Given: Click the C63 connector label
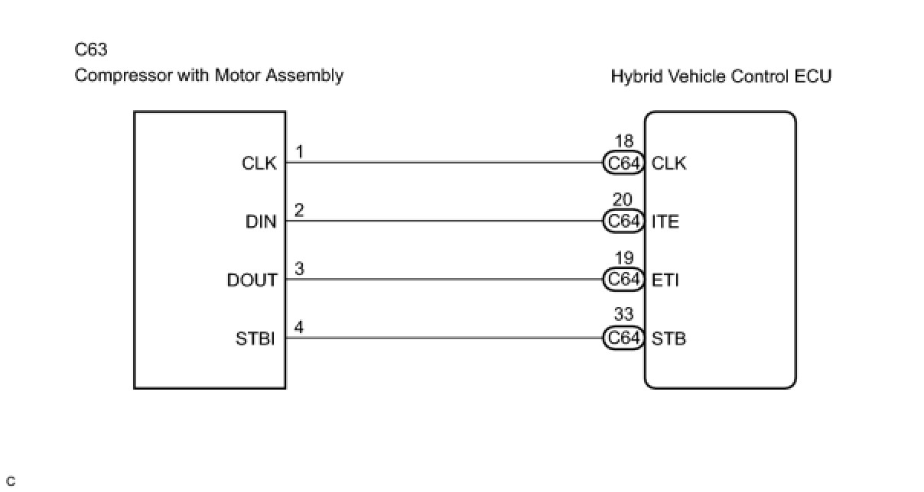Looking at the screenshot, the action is coord(91,50).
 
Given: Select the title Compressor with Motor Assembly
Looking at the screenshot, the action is coord(209,76).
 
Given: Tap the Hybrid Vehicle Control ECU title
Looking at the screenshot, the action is coord(721,76).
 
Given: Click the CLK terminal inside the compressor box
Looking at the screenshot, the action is coord(259,163).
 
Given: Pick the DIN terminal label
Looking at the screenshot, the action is coord(261,222).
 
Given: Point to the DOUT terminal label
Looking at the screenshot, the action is coord(252,280).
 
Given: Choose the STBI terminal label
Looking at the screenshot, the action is coord(255,339).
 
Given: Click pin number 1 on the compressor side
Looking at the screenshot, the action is coord(300,152).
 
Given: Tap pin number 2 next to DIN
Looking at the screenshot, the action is coord(299,211).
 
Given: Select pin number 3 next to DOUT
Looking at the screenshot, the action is coord(300,269).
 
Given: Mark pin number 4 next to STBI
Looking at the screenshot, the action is coord(299,328).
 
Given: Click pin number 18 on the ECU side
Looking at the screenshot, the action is coord(623,141).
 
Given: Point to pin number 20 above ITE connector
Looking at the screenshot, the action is coord(623,200).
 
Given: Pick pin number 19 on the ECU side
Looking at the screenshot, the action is coord(623,258).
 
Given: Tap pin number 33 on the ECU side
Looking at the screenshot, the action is coord(623,315).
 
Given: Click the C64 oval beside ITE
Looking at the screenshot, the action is coord(623,222).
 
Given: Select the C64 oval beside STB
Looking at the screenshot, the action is coord(623,338).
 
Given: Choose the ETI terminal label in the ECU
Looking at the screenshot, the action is coord(665,280).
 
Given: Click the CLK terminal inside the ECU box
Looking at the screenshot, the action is coord(669,163).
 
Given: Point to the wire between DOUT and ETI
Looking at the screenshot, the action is coord(444,280).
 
